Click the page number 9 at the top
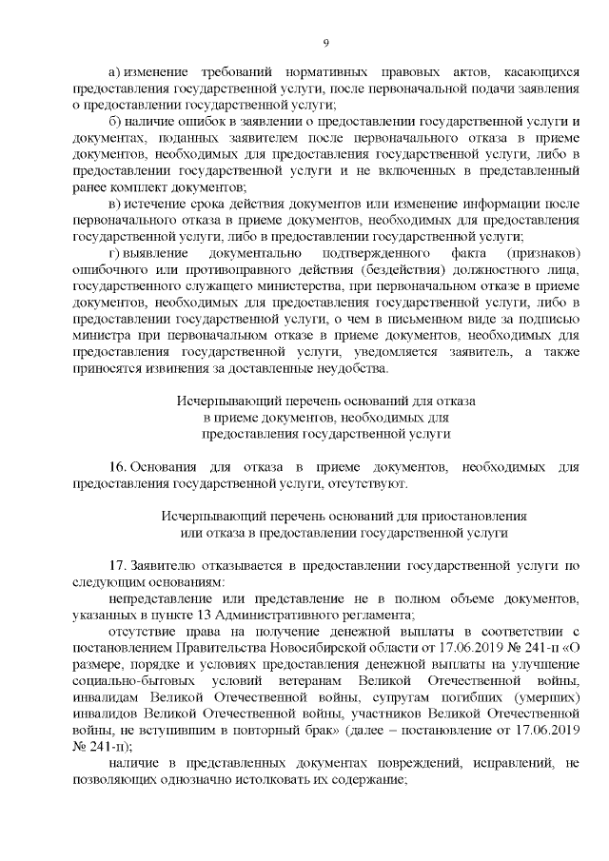[325, 42]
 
